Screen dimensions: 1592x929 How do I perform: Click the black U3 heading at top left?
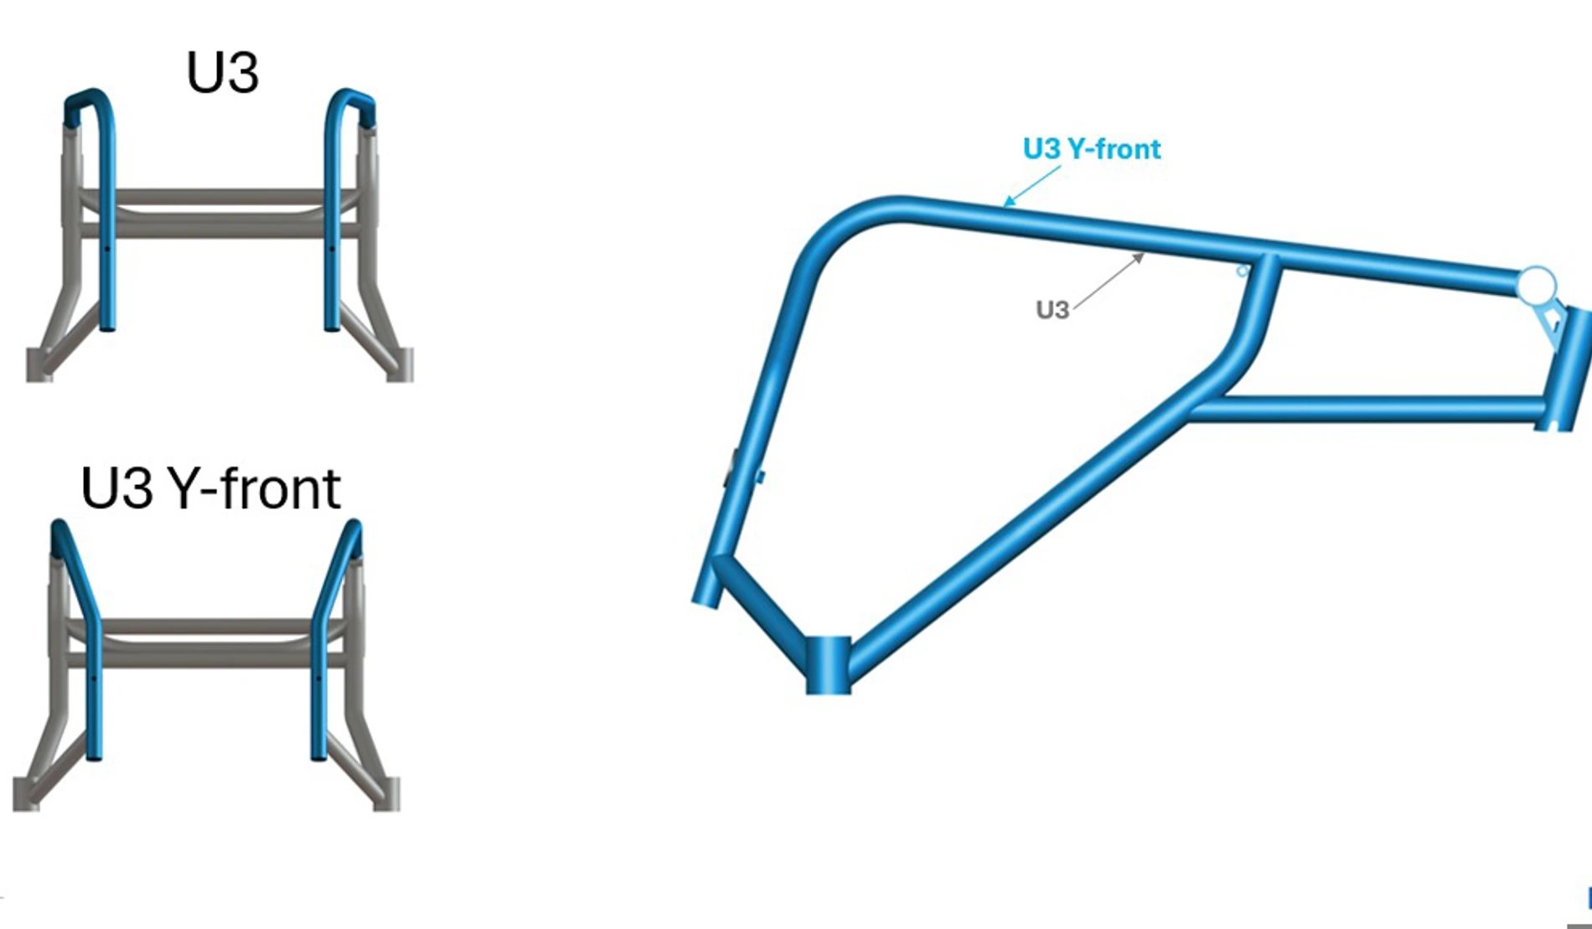[x=222, y=73]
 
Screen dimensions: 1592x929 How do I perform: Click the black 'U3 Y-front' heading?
[x=210, y=488]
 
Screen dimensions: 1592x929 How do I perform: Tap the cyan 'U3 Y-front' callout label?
[x=1092, y=149]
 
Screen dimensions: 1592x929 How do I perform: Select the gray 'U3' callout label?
[x=1052, y=310]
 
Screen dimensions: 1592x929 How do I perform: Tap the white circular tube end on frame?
[x=1537, y=286]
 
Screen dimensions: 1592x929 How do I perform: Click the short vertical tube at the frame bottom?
[x=828, y=665]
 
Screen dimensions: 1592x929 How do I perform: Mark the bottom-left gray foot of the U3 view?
[x=39, y=365]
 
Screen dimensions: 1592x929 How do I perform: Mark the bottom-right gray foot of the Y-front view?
[x=386, y=794]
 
